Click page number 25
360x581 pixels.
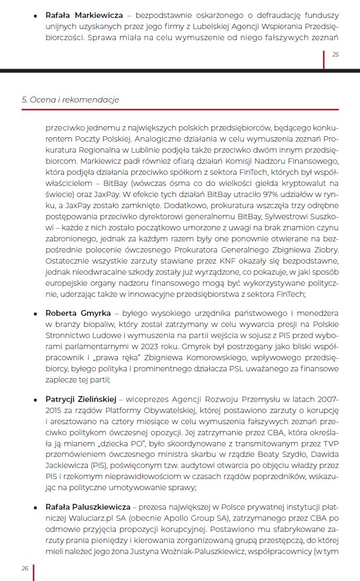(335, 54)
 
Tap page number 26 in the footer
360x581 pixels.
(25, 568)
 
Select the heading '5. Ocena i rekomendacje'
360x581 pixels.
(70, 100)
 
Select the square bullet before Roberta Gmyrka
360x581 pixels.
(35, 314)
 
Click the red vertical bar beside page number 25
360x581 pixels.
(324, 59)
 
